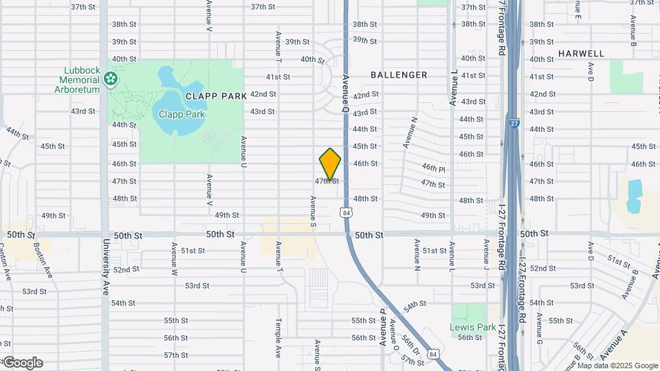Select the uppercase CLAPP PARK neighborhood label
(215, 96)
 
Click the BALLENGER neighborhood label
(399, 75)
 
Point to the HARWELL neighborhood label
(581, 54)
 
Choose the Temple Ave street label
(278, 337)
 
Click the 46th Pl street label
(434, 168)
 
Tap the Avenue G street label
(540, 328)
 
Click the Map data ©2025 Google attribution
(617, 366)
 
